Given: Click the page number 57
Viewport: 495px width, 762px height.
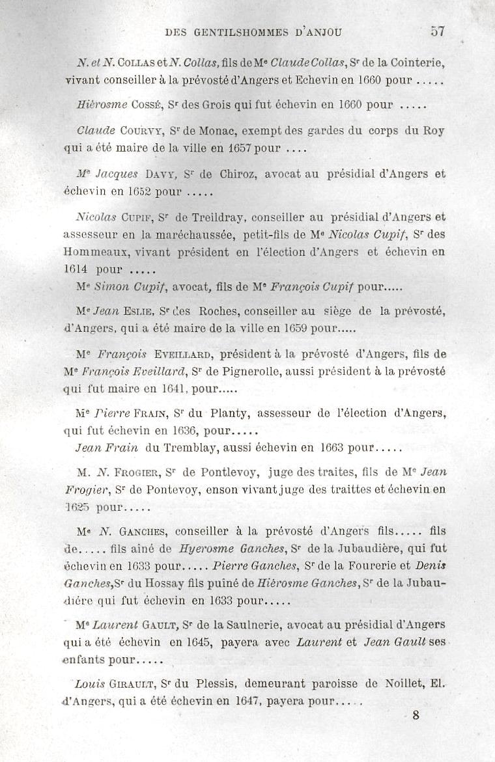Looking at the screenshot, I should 438,31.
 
